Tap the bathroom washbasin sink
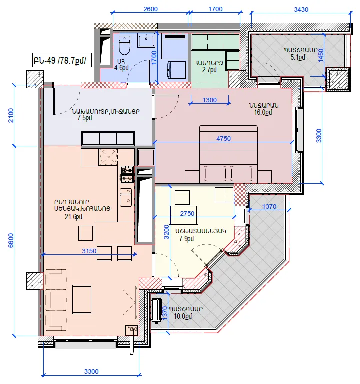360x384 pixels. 146,40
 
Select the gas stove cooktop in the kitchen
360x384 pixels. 126,174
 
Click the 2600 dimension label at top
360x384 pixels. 150,9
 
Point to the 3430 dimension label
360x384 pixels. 301,10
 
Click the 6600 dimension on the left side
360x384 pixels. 11,240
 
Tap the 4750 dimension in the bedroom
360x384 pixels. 223,138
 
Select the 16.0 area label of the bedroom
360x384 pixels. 263,112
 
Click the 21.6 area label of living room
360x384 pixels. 73,217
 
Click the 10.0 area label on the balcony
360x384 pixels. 183,316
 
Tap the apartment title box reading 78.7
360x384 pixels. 62,60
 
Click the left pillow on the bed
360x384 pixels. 215,173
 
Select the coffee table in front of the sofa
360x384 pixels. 82,299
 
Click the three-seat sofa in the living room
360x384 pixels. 56,300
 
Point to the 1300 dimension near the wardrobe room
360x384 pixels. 209,100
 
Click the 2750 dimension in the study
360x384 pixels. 187,214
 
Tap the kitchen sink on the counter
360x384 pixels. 126,197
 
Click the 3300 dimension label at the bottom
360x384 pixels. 91,372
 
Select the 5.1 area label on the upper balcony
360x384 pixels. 298,57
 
